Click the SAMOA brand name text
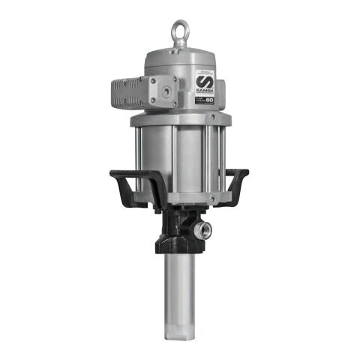pos(205,91)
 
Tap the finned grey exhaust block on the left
pos(124,93)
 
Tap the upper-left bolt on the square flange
pos(152,80)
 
